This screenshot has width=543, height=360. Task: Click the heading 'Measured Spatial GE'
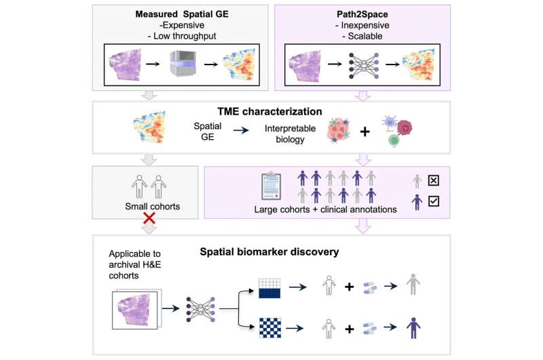(x=182, y=14)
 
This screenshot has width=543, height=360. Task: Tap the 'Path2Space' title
(x=362, y=14)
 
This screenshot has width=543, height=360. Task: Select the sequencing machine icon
(x=183, y=63)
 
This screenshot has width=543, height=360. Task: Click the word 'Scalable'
(x=365, y=36)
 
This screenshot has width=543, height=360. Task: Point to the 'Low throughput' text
(x=185, y=36)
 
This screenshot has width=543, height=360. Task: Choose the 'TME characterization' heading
(x=269, y=111)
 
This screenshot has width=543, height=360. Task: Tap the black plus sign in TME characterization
(x=364, y=132)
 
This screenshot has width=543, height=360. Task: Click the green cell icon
(x=394, y=140)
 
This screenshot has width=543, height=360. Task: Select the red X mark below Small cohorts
(x=149, y=218)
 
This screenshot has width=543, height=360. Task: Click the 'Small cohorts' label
(x=152, y=206)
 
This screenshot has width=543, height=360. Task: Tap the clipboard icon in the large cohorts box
(x=271, y=185)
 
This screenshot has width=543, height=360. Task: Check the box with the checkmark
(x=434, y=201)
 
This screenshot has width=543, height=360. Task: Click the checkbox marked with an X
(x=434, y=181)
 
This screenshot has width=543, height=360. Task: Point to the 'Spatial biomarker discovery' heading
(x=269, y=252)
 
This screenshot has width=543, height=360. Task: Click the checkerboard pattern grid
(x=270, y=328)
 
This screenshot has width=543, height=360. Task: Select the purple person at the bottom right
(x=413, y=328)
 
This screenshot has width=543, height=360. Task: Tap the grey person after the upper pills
(x=413, y=285)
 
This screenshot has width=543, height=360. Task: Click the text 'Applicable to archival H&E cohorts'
(x=134, y=264)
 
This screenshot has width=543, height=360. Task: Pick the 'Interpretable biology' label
(x=291, y=134)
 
